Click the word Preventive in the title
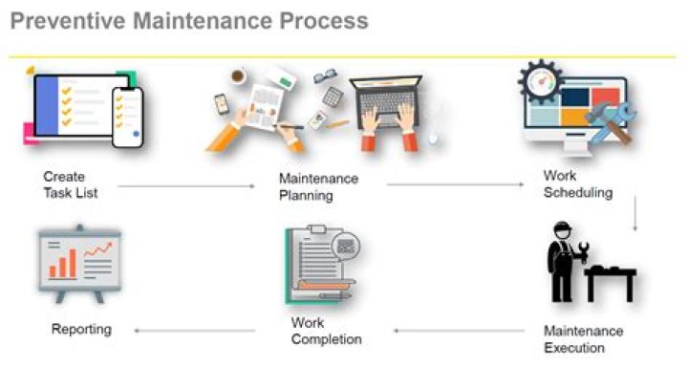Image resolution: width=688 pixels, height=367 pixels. point(68,21)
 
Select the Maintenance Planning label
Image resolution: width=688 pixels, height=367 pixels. point(318,187)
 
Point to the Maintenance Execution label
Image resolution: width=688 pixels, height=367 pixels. point(583,339)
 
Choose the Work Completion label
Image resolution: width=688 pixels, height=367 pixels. point(326,331)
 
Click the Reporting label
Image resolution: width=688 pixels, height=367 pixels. point(81,330)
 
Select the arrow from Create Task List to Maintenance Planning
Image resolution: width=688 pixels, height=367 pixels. point(191,185)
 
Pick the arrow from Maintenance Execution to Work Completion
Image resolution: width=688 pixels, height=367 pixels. point(459,331)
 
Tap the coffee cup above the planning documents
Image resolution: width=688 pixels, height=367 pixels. point(237,75)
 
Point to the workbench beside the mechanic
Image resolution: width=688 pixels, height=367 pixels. point(612,279)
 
